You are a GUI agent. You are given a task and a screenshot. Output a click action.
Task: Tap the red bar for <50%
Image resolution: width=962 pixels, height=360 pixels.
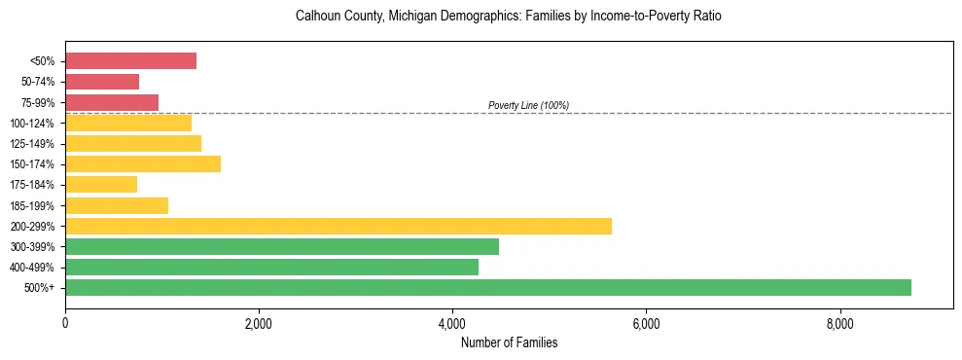pos(130,60)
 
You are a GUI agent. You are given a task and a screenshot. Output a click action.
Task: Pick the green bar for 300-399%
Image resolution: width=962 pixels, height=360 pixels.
pos(282,246)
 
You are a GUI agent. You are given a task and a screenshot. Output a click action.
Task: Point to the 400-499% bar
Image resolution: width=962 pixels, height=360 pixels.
pos(271,267)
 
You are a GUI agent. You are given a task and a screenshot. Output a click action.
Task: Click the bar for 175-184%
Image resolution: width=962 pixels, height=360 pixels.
pos(101,184)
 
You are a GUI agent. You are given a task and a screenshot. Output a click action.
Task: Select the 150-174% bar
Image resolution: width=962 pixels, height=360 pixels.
pos(143,163)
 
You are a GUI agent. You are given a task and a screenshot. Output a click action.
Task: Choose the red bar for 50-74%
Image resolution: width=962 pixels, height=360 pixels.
pos(102,82)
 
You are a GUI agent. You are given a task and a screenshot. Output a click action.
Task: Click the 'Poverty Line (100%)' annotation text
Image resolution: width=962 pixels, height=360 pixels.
pos(528,105)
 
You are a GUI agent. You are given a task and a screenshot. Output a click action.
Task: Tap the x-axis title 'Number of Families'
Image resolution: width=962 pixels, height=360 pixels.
pos(509,342)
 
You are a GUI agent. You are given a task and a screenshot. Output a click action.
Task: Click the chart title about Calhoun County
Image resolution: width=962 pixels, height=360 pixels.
pos(509,17)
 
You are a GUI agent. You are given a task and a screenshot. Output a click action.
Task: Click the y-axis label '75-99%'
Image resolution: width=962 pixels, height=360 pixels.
pos(38,103)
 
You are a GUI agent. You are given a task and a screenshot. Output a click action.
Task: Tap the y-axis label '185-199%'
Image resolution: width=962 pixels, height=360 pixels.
pos(33,206)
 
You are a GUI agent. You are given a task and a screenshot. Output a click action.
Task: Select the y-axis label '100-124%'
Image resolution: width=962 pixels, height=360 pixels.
pos(33,124)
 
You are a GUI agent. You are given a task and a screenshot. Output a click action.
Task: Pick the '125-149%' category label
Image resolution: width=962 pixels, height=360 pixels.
pos(33,144)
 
